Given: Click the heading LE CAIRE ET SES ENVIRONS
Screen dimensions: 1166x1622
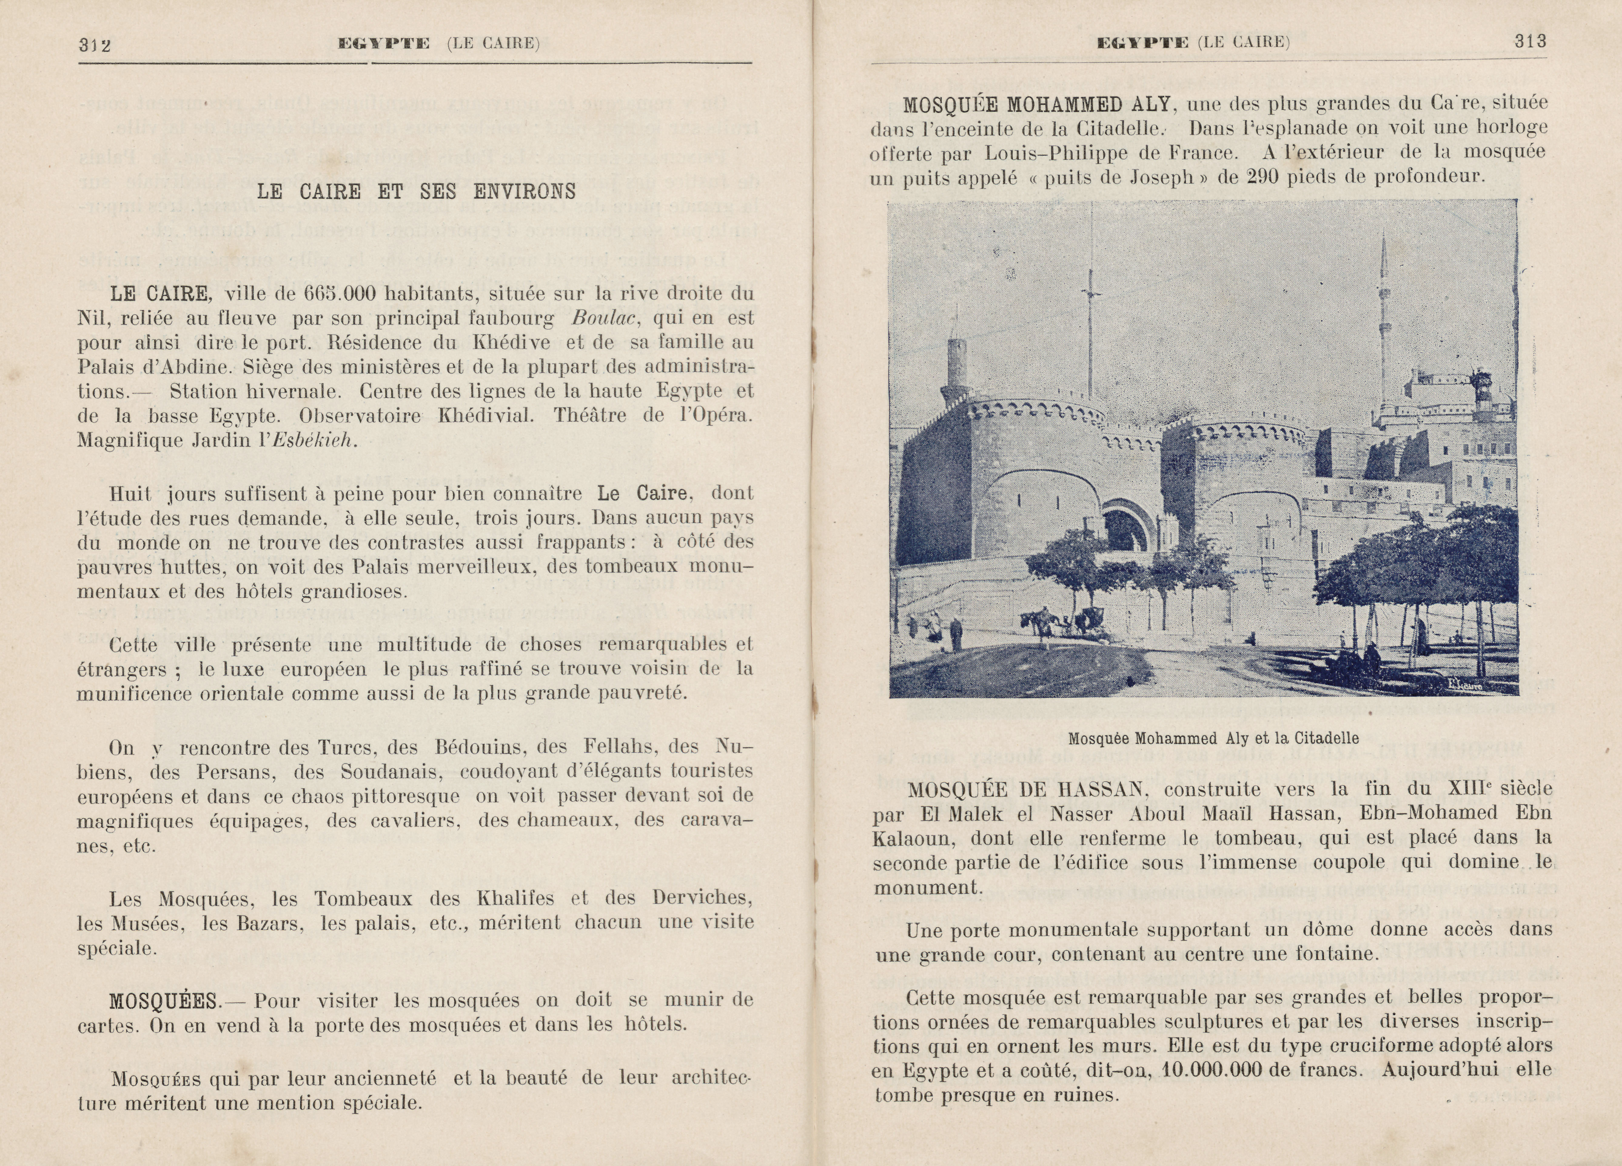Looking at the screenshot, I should point(416,192).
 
